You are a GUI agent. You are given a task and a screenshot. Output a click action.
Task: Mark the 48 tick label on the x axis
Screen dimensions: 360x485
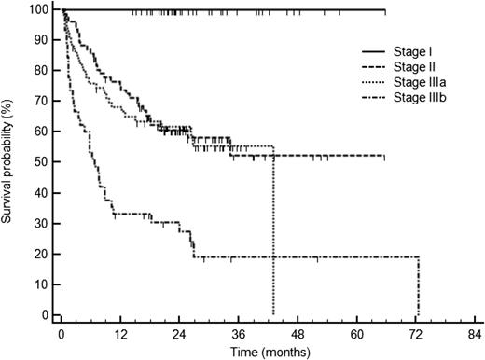click(x=298, y=333)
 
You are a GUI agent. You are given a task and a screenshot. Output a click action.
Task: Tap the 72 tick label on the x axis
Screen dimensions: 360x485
click(x=416, y=333)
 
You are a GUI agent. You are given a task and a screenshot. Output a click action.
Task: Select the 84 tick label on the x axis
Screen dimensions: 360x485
click(x=475, y=333)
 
